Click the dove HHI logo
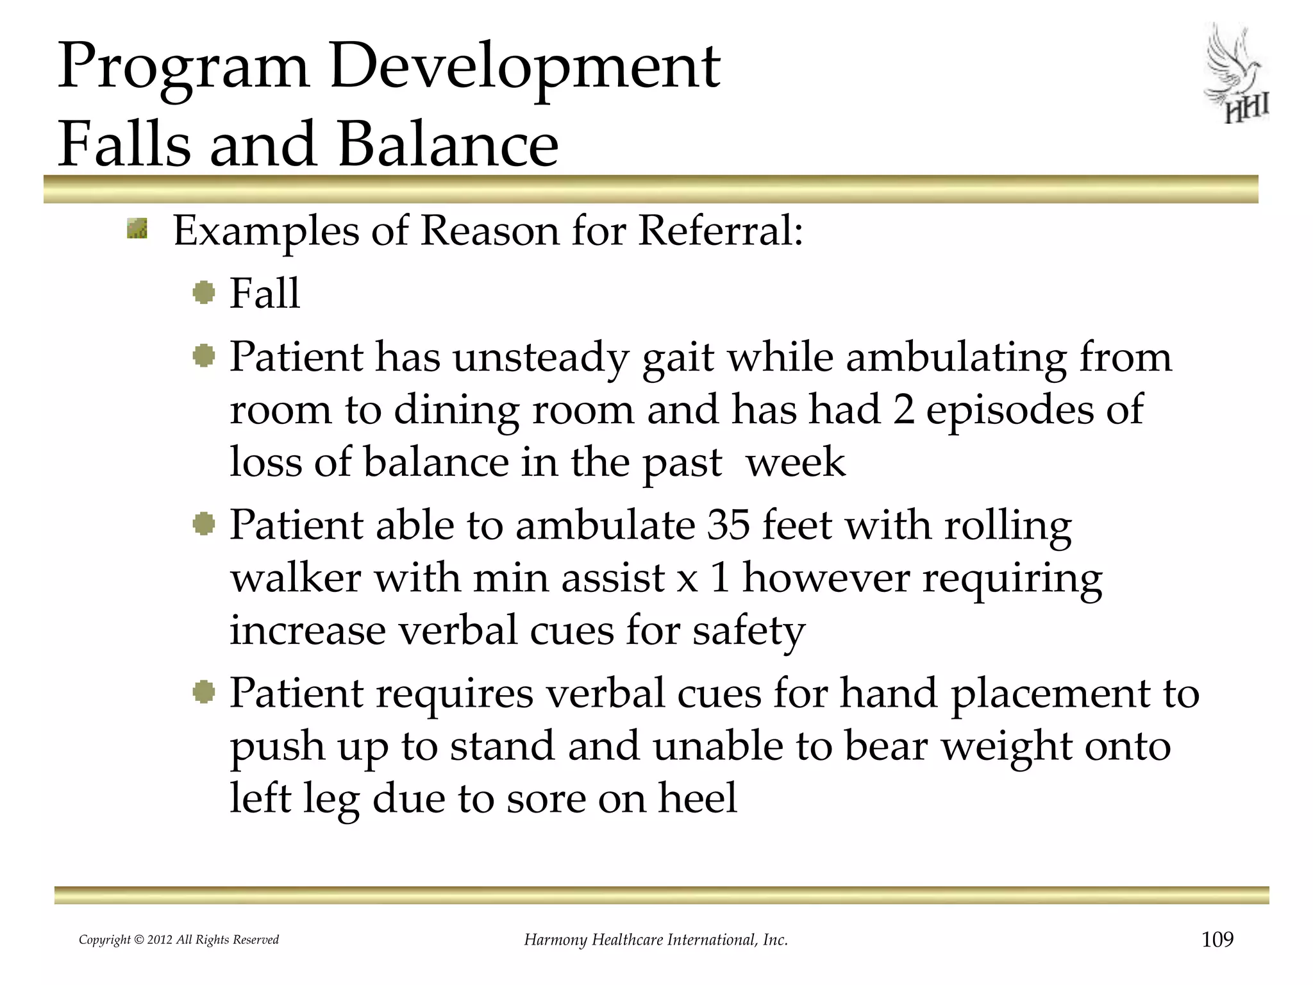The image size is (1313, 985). (1236, 74)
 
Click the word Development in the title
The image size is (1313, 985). (524, 67)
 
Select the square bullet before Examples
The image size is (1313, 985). (137, 228)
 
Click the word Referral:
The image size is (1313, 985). (721, 230)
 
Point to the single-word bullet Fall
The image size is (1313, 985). (264, 294)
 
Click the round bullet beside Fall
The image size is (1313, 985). (204, 293)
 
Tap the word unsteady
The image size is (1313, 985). (540, 357)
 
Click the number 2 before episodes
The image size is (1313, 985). (903, 410)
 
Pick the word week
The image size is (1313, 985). (796, 462)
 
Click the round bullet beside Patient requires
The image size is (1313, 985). (204, 693)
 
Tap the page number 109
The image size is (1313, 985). (1217, 939)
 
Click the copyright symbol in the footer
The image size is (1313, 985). (138, 940)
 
